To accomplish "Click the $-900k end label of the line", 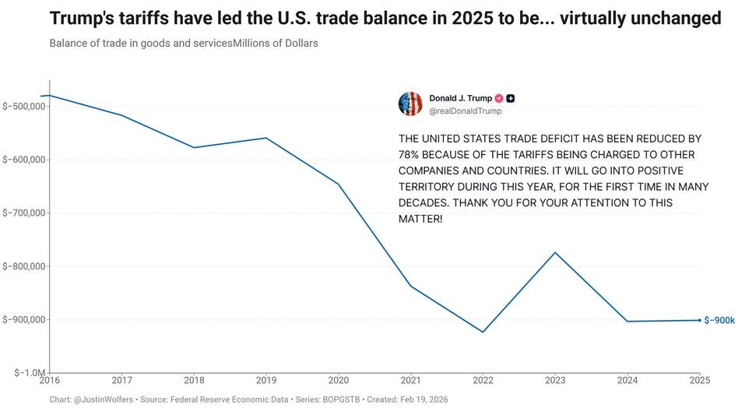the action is [719, 321].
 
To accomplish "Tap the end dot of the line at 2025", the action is [700, 321].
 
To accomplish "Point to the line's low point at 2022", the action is [483, 332].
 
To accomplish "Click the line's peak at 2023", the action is [555, 253].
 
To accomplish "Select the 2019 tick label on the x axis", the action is [266, 380].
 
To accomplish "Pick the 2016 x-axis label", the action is [49, 380].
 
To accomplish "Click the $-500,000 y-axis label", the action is [24, 107].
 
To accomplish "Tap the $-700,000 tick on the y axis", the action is [24, 213].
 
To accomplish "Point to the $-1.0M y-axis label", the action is [30, 373].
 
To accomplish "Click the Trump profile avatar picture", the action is [410, 104].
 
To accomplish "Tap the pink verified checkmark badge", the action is [499, 98].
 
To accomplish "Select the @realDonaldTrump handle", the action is [466, 111].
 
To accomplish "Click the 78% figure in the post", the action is [409, 155].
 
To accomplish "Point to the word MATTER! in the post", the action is [420, 219].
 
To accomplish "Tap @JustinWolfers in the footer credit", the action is [104, 399].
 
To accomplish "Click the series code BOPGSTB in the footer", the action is [341, 399].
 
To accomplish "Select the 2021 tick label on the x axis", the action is [410, 380].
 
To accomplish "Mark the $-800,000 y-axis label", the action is [24, 266].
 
